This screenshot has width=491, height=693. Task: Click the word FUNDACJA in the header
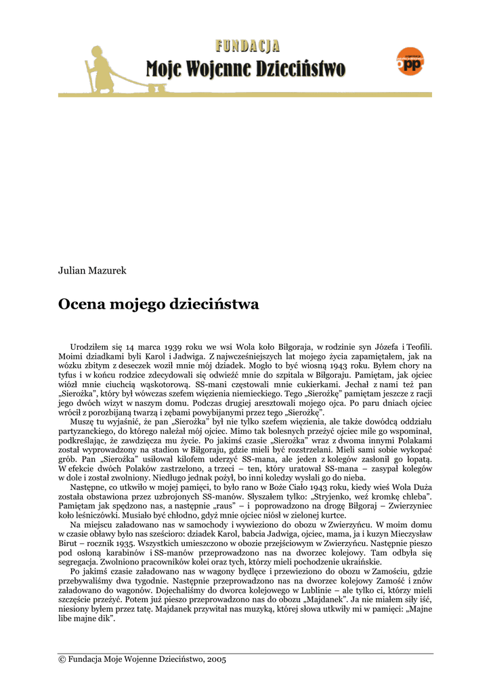coord(247,46)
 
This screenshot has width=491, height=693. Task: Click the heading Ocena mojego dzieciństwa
coord(158,305)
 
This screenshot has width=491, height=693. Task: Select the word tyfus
coord(69,375)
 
